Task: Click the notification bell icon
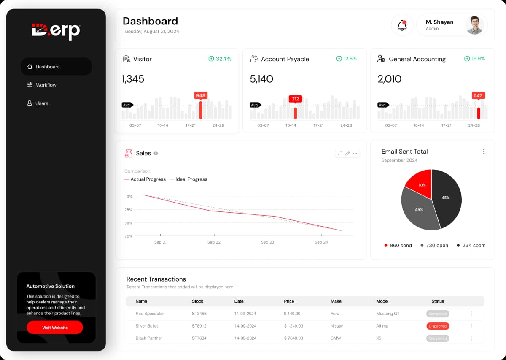point(402,25)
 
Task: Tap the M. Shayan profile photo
point(474,25)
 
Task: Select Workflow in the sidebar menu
point(46,85)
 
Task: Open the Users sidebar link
point(41,103)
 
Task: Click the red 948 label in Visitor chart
point(201,95)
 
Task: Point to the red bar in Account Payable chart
point(295,113)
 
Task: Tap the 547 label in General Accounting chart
point(478,95)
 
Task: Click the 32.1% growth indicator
point(220,59)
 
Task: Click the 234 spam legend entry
point(471,246)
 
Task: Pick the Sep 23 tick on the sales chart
point(267,242)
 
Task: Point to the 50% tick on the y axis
point(129,223)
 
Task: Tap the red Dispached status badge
point(438,326)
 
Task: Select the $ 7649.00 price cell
point(293,338)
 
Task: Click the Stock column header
point(197,301)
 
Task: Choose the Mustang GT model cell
point(388,314)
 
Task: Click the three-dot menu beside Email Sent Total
point(484,152)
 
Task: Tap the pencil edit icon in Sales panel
point(347,153)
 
